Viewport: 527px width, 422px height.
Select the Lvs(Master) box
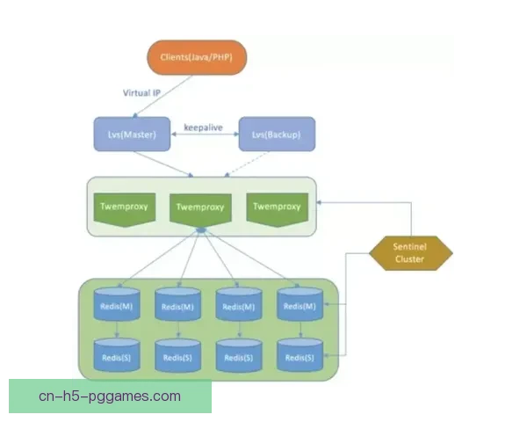click(x=132, y=135)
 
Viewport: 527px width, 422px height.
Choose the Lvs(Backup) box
click(x=277, y=135)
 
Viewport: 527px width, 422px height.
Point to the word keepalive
click(x=204, y=127)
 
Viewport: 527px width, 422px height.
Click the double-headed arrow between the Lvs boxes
click(x=204, y=135)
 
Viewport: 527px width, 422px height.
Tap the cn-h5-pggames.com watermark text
click(x=110, y=396)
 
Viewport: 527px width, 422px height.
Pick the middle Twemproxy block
click(x=199, y=209)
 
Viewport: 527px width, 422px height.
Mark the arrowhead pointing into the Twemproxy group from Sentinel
click(x=321, y=201)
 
